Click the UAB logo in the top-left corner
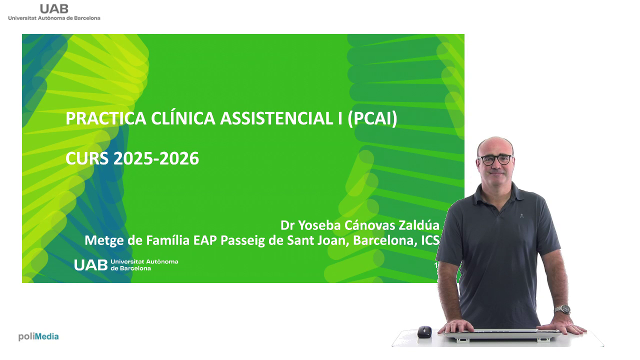[x=54, y=12]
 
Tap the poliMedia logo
[x=38, y=336]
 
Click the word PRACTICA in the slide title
[x=106, y=118]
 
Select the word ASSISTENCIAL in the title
[x=276, y=118]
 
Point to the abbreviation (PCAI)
[x=372, y=119]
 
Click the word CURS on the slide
[x=87, y=158]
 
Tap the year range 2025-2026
[x=156, y=158]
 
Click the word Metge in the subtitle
[x=104, y=240]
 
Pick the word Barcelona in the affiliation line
[x=383, y=240]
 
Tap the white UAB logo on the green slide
[x=126, y=265]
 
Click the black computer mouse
[x=424, y=331]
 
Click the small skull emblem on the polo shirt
[x=521, y=215]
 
